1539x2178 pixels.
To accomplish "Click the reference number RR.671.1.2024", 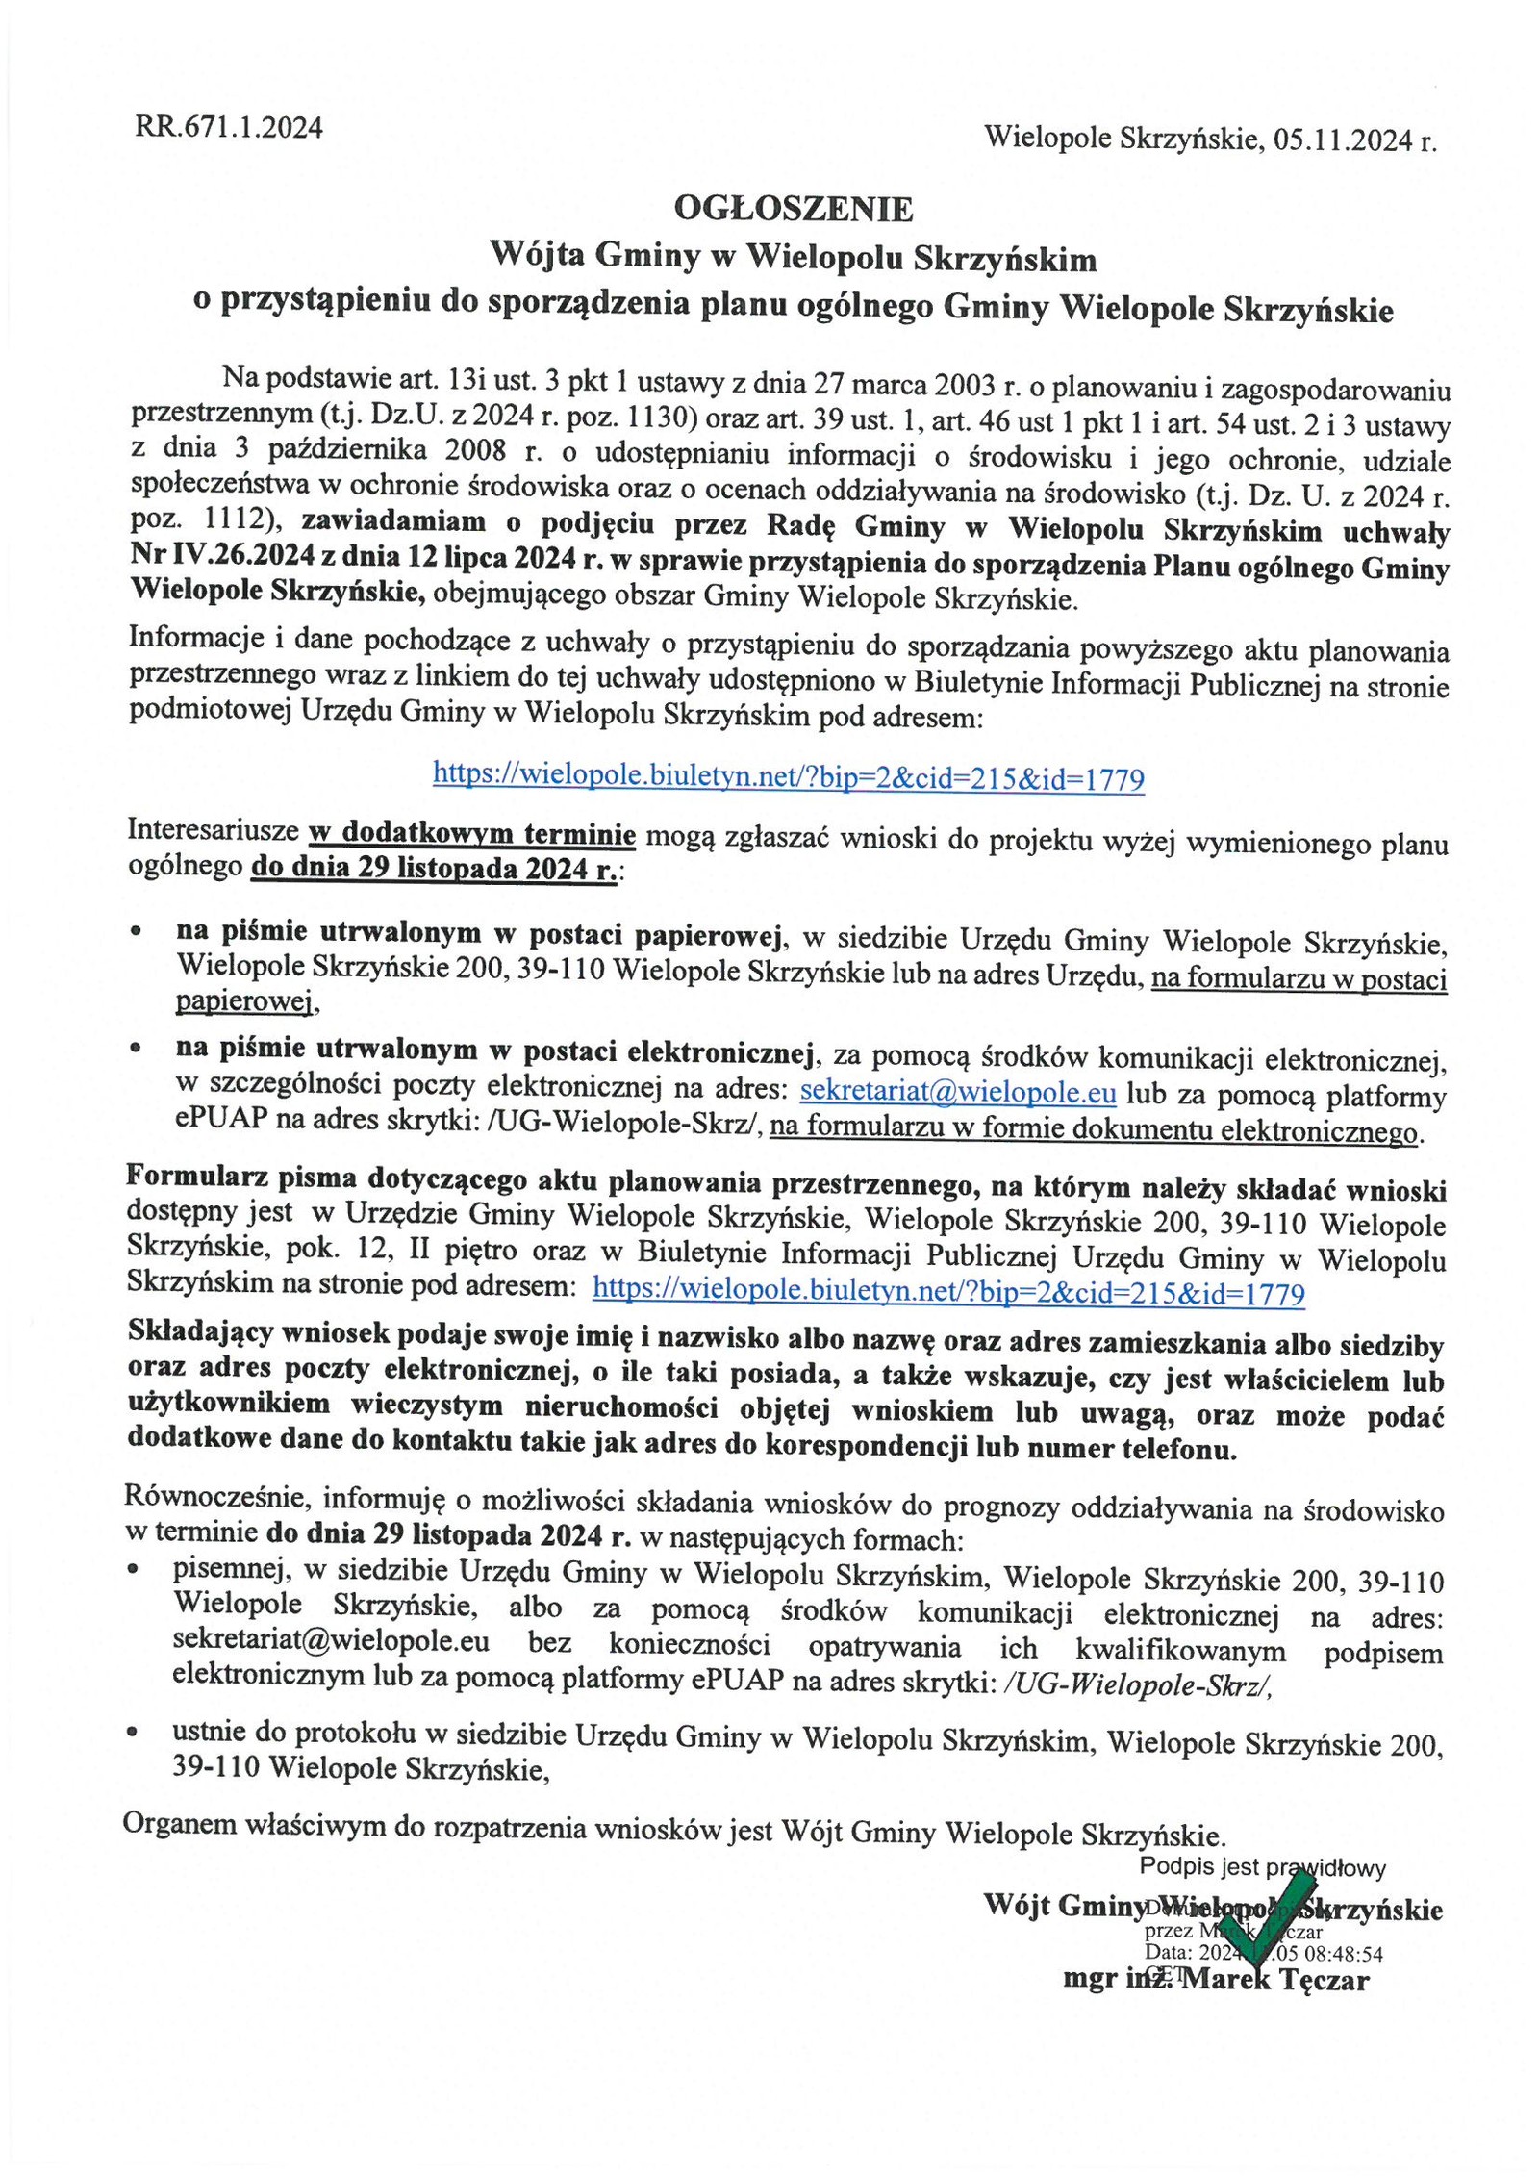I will [229, 127].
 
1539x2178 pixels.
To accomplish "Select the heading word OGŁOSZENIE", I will [792, 209].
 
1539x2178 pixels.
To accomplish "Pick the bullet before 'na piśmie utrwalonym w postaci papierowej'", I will [139, 932].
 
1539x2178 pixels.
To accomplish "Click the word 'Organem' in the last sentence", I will [172, 1827].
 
